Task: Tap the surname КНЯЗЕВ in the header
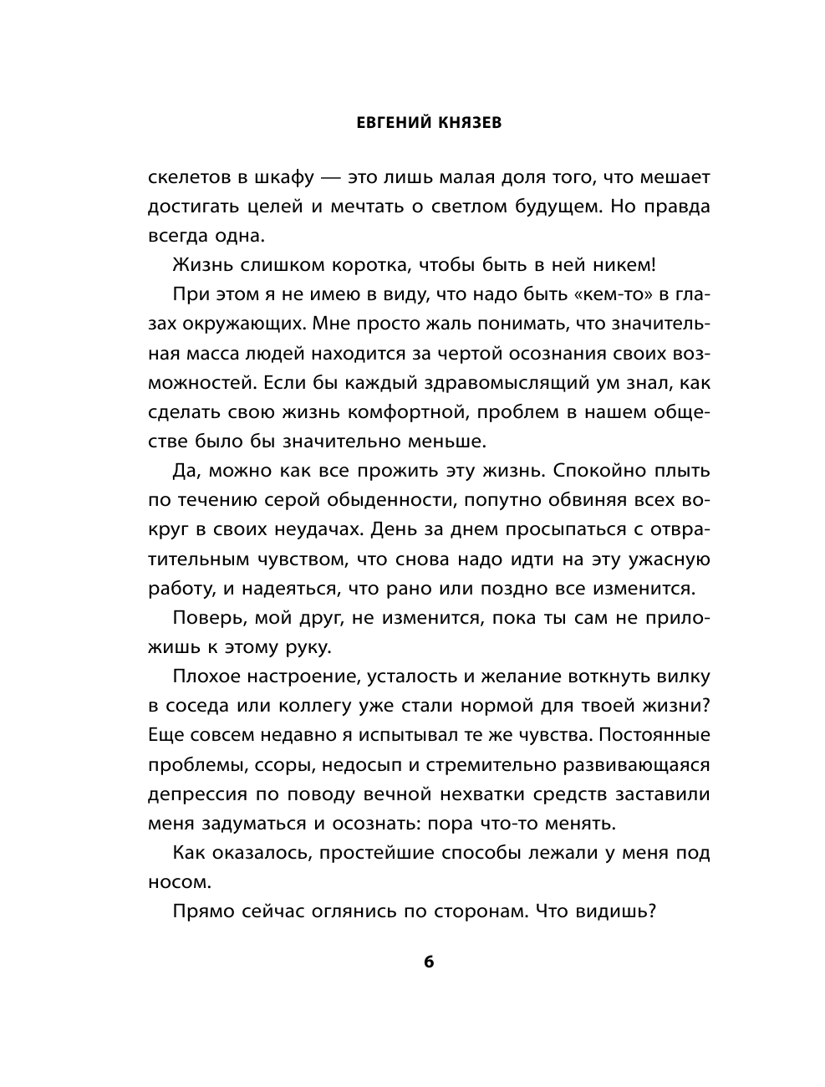pos(468,123)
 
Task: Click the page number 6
pos(429,962)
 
